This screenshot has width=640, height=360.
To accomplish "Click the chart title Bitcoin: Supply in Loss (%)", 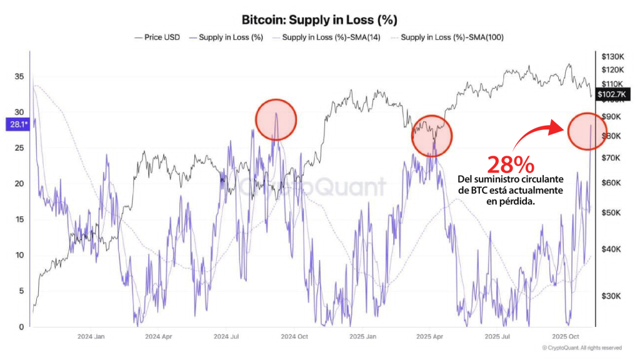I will [319, 21].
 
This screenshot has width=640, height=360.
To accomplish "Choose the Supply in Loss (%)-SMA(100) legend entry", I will [452, 37].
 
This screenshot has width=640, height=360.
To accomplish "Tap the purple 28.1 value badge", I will [17, 124].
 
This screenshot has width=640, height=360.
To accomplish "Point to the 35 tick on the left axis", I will [19, 77].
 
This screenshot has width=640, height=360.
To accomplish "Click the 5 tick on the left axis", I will [21, 291].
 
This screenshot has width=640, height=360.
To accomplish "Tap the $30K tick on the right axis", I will [611, 296].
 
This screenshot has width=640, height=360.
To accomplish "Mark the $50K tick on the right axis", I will [611, 212].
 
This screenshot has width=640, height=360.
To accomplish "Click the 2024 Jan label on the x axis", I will [91, 336].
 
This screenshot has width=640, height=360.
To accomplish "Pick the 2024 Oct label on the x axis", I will [293, 336].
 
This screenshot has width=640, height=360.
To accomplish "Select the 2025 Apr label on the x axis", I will [429, 336].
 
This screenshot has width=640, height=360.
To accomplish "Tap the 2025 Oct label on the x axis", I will [566, 336].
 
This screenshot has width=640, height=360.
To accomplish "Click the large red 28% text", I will [511, 165].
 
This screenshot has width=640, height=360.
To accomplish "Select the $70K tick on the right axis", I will [611, 158].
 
